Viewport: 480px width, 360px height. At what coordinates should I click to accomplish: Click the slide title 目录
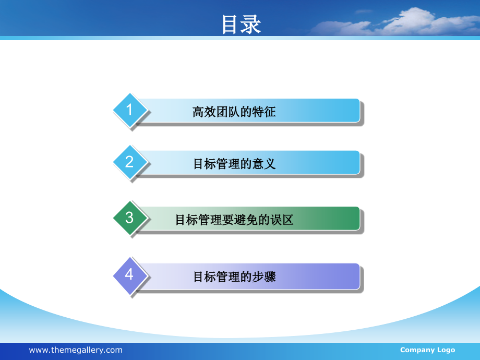[241, 24]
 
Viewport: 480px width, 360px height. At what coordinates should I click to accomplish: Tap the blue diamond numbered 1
[129, 110]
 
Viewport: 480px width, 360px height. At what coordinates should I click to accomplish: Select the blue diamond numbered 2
[129, 162]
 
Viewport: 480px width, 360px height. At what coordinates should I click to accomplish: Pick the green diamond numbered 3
[129, 218]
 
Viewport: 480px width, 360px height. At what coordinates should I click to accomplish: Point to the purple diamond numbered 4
[129, 274]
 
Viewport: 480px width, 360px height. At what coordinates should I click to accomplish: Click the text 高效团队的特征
[234, 112]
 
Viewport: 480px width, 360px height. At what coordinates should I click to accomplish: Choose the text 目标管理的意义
[234, 164]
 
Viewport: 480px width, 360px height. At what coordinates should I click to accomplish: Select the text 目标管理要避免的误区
[234, 220]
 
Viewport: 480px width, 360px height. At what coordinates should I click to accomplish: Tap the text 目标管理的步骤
[234, 277]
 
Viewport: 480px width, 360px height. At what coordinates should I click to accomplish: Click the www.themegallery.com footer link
[76, 350]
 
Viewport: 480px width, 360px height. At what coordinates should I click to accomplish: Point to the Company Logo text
[427, 350]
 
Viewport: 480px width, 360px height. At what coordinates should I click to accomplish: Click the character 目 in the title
[231, 24]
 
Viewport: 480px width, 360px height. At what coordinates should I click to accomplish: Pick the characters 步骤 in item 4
[265, 277]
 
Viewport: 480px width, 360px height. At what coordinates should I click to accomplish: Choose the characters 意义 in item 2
[265, 164]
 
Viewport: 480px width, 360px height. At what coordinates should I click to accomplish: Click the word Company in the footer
[417, 350]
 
